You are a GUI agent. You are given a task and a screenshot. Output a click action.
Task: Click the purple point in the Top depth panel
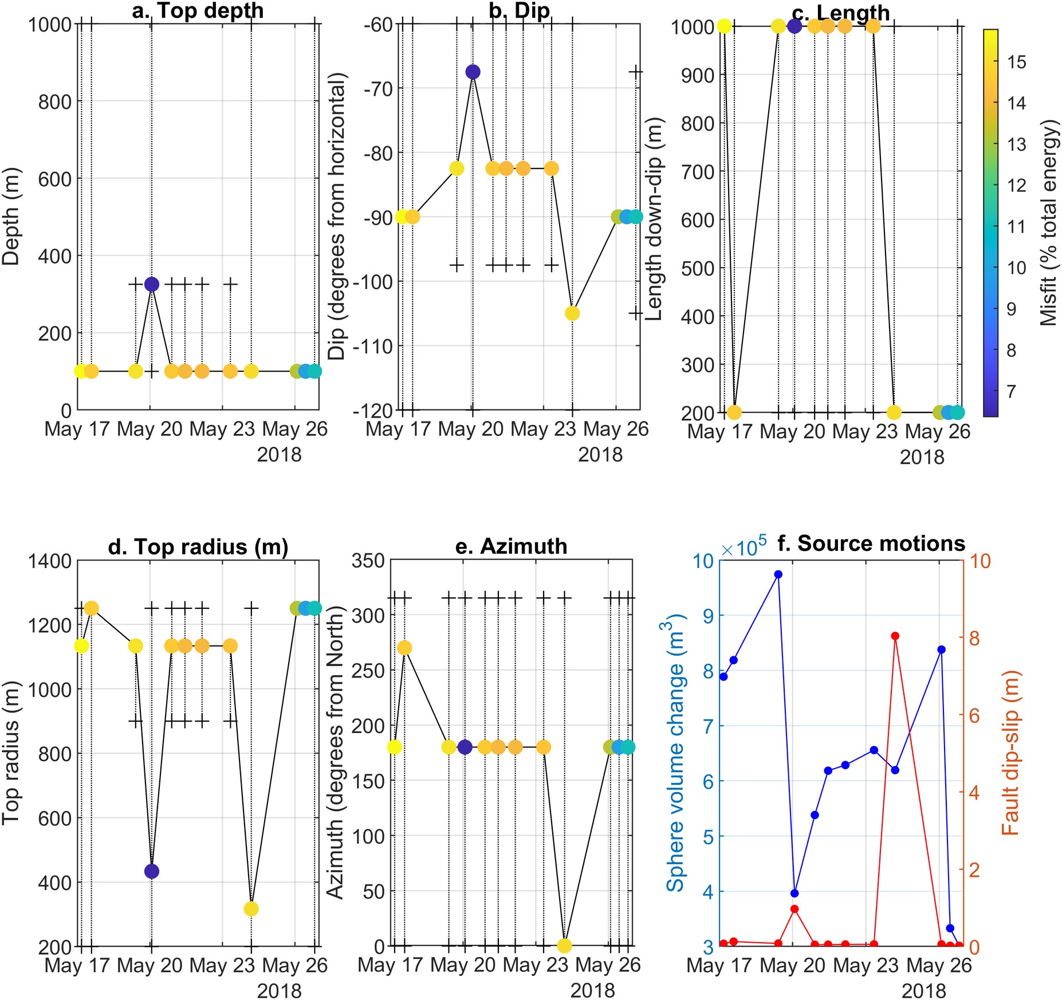pyautogui.click(x=151, y=284)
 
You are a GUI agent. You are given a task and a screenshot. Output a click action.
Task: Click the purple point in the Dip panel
pyautogui.click(x=473, y=72)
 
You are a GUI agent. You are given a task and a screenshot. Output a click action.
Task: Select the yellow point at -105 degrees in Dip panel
pyautogui.click(x=572, y=313)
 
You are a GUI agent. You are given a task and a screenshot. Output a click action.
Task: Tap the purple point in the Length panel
pyautogui.click(x=794, y=26)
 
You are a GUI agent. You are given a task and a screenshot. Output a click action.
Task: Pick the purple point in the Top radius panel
pyautogui.click(x=151, y=871)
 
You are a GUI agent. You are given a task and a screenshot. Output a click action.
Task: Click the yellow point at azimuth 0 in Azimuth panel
pyautogui.click(x=565, y=946)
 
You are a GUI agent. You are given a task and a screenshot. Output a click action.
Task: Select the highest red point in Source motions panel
pyautogui.click(x=895, y=636)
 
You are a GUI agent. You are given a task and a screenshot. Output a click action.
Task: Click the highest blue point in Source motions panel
pyautogui.click(x=778, y=574)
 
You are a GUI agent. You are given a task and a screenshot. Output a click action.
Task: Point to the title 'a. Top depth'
pyautogui.click(x=198, y=10)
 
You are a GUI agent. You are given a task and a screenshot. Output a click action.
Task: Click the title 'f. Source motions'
pyautogui.click(x=871, y=543)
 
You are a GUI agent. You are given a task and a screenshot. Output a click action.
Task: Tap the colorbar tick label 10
pyautogui.click(x=1016, y=267)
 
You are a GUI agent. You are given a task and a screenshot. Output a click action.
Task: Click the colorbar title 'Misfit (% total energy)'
pyautogui.click(x=1048, y=223)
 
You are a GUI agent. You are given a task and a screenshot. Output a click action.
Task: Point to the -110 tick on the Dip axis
pyautogui.click(x=373, y=346)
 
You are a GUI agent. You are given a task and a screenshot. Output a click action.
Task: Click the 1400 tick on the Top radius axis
pyautogui.click(x=49, y=561)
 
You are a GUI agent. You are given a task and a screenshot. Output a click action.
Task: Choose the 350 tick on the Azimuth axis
pyautogui.click(x=367, y=560)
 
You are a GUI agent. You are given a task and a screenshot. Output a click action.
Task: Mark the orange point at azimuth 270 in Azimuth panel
pyautogui.click(x=404, y=648)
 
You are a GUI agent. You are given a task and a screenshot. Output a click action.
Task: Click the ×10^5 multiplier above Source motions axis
pyautogui.click(x=744, y=548)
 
